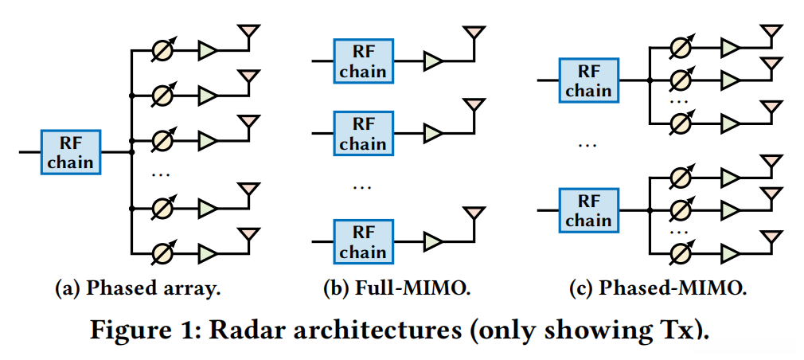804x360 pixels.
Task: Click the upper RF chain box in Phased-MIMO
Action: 589,80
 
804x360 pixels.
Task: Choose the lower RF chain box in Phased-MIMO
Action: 589,209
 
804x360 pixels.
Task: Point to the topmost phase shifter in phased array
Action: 162,49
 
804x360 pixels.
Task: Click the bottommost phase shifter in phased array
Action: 162,254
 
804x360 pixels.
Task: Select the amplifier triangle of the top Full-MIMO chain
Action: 434,61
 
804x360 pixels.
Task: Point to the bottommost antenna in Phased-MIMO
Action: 770,237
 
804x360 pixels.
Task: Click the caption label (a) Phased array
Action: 137,289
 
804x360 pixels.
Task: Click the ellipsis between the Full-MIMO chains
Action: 362,187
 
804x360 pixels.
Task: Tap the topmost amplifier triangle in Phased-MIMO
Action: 730,48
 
